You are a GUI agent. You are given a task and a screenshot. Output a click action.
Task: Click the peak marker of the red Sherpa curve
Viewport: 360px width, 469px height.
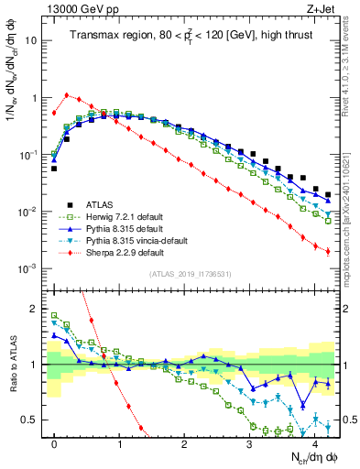67,94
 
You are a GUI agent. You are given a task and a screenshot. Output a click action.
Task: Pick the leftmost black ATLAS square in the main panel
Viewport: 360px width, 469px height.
54,169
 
